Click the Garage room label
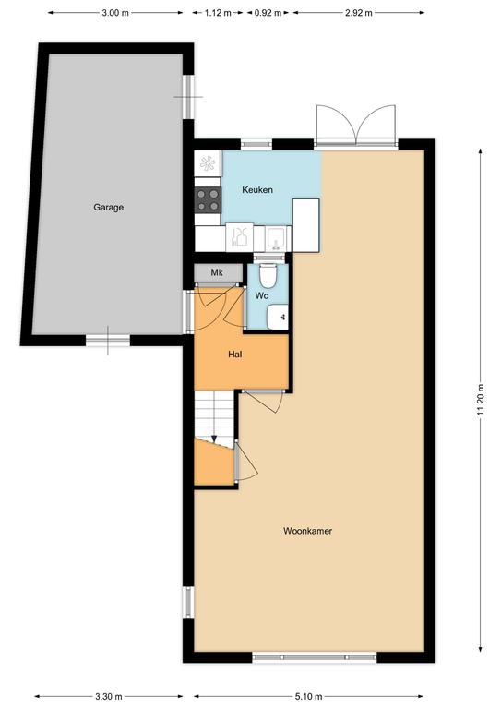[109, 208]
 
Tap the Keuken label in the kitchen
[257, 190]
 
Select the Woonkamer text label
[307, 531]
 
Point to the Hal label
[235, 354]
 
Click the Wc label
[262, 295]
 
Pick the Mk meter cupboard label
[217, 272]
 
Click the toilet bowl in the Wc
[268, 275]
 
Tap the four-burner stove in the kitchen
[208, 199]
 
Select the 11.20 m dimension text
[481, 400]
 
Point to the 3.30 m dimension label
[109, 696]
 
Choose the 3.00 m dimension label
[115, 13]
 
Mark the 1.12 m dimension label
[218, 13]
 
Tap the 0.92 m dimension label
[268, 13]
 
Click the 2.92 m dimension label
[359, 13]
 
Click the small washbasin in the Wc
[277, 317]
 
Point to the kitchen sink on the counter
[274, 238]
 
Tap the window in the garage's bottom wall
[108, 341]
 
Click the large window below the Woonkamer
[315, 657]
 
